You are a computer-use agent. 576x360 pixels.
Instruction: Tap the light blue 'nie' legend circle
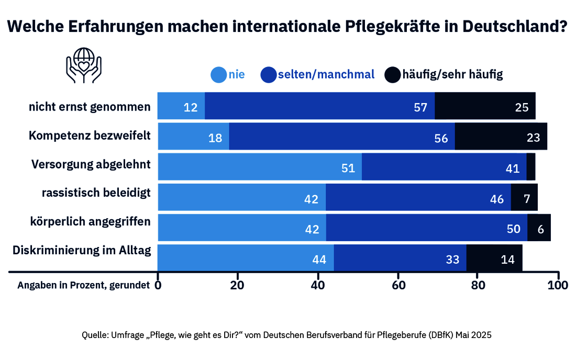(218, 75)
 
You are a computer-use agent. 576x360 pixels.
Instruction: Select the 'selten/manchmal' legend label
(326, 74)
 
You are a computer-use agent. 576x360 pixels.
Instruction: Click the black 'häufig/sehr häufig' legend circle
(392, 75)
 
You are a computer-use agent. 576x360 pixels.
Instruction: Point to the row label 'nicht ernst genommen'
(90, 107)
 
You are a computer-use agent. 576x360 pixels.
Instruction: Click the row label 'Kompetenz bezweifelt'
(90, 136)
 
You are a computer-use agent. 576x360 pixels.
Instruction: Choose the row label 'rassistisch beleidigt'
(96, 193)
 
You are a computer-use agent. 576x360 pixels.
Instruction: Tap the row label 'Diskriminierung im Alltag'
(82, 250)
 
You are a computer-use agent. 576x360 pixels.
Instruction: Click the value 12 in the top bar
(190, 108)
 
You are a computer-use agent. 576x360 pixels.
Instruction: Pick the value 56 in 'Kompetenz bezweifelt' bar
(441, 138)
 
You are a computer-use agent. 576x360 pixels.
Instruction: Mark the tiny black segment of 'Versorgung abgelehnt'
(530, 167)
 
